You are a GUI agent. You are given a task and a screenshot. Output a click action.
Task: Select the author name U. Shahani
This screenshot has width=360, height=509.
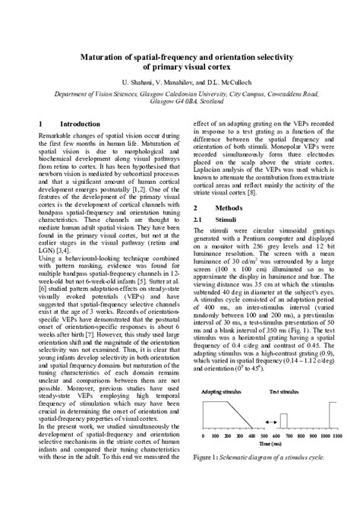coord(126,82)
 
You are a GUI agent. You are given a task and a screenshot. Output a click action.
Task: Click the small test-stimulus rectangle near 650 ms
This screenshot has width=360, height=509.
coord(284,420)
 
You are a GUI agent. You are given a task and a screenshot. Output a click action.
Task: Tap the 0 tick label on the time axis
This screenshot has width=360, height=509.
coord(205,438)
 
